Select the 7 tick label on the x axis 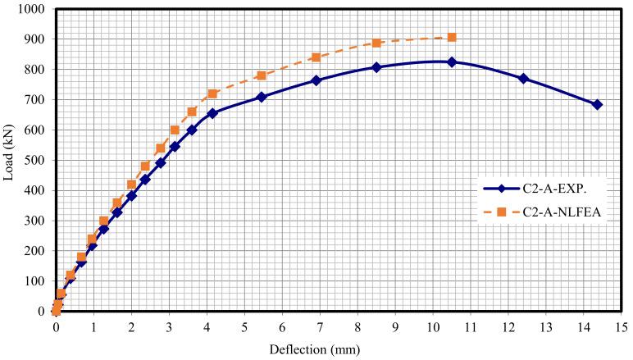319,327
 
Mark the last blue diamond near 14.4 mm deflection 597,105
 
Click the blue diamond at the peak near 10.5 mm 452,62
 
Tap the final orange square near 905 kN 452,38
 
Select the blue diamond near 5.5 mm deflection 262,97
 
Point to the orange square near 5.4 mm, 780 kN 261,75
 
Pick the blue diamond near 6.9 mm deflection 316,80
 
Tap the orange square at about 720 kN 212,94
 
